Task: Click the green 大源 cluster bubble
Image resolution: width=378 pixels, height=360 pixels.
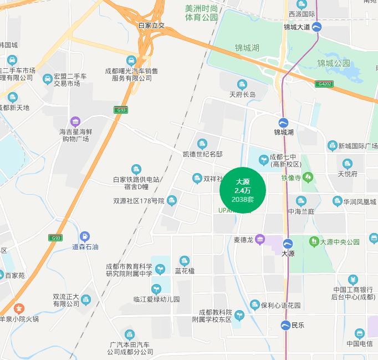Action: coord(243,190)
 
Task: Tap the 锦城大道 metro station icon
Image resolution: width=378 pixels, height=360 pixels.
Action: coord(317,27)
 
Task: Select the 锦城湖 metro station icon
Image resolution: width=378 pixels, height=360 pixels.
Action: coord(283,123)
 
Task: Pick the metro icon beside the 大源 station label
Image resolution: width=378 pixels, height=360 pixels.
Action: coord(288,244)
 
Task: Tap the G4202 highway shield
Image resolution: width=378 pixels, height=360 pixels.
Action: coord(325,84)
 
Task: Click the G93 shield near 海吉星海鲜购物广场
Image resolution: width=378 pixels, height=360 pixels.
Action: coord(120,110)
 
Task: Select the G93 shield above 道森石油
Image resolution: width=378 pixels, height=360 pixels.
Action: coord(55,238)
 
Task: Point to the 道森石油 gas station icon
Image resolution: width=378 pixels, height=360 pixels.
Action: coord(84,237)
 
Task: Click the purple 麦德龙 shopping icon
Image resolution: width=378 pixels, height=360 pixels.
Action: coord(259,239)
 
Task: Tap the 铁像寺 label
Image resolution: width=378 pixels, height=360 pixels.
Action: coord(290,178)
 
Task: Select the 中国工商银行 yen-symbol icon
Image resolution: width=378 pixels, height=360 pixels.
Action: coord(353,280)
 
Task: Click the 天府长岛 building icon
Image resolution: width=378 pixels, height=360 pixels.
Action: coord(242,85)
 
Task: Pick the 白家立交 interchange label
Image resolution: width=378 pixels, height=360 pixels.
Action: coord(151,26)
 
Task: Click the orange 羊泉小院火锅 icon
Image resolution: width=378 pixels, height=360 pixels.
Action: coord(19,308)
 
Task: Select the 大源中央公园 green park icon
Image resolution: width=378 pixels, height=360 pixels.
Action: coord(314,242)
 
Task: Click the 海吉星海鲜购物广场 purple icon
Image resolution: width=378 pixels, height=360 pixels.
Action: coord(75,122)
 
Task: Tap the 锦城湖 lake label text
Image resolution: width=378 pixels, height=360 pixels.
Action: coord(247,48)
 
